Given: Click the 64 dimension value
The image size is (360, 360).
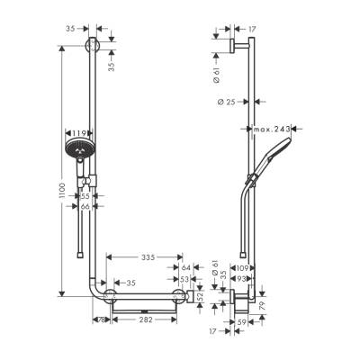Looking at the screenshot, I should (186, 267).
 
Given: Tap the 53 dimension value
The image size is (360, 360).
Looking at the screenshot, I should (186, 280).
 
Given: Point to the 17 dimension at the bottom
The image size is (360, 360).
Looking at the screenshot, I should (214, 331).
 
